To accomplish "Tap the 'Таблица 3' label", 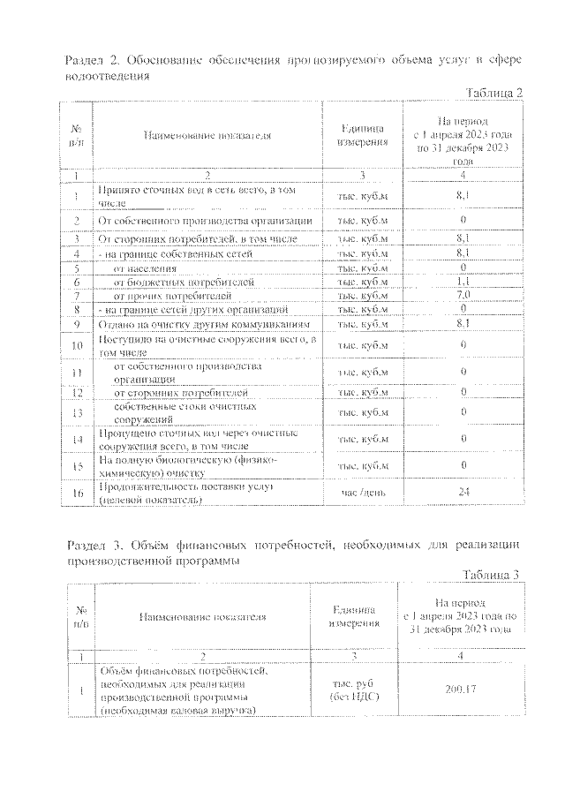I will [x=489, y=575].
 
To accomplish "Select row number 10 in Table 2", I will [x=77, y=345].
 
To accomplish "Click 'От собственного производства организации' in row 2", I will [x=204, y=220].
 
